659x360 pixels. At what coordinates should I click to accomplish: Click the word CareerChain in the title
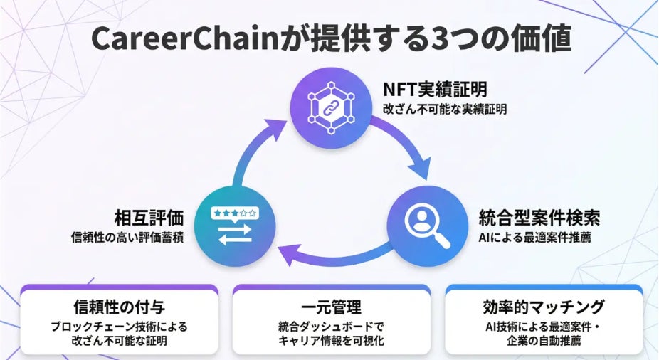[185, 38]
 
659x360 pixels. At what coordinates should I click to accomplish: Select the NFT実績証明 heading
[435, 89]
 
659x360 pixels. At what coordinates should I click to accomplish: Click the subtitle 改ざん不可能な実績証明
[445, 110]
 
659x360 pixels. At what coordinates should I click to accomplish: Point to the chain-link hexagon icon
[331, 108]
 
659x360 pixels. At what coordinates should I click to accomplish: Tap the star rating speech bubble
[235, 214]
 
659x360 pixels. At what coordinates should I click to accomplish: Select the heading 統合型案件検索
[539, 218]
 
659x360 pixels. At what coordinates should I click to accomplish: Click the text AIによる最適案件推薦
[534, 238]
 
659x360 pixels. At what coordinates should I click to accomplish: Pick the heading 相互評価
[149, 218]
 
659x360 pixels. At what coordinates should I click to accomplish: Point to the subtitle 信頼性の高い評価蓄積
[127, 238]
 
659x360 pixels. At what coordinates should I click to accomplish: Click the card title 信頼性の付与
[119, 307]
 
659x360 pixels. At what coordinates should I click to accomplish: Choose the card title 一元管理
[331, 307]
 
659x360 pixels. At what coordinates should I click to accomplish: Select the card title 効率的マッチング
[544, 307]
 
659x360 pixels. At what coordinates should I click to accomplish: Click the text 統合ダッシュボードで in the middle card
[331, 327]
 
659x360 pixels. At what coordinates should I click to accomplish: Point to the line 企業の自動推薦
[544, 340]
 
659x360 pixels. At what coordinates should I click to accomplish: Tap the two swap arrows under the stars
[235, 235]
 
